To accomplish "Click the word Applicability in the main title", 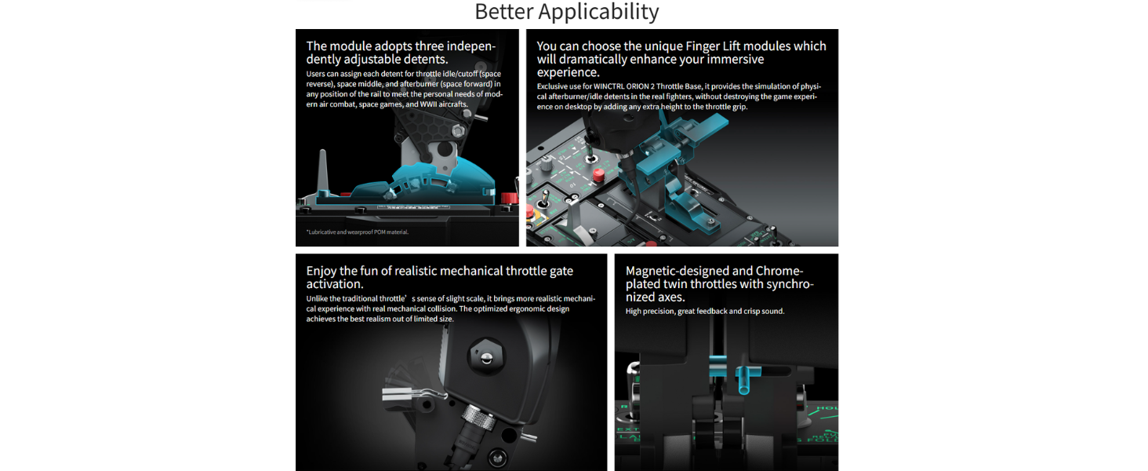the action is click(x=598, y=12).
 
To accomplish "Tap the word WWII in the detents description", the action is click(x=428, y=104).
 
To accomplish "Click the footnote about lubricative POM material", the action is click(x=358, y=232).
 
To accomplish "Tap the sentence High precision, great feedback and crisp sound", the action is click(x=705, y=311).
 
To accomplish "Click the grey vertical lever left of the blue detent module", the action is click(x=322, y=171).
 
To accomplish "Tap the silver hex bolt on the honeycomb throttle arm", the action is click(x=457, y=131).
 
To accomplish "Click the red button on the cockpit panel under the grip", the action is click(x=598, y=175).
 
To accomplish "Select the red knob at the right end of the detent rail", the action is click(x=508, y=198).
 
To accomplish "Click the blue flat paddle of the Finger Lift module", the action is click(x=710, y=125).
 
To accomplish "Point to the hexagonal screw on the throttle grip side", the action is click(x=486, y=356).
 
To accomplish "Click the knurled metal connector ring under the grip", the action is click(x=478, y=417).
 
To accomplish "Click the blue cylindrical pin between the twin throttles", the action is click(x=744, y=380).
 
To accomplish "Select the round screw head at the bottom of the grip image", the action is click(x=496, y=457).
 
